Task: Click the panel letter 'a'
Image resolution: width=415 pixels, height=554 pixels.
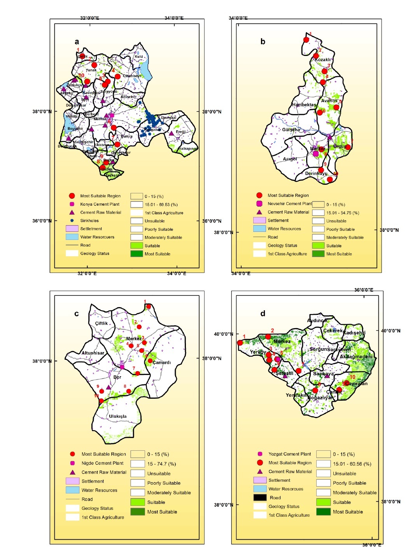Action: coord(77,42)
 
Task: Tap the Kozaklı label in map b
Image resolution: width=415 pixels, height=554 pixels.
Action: coord(323,60)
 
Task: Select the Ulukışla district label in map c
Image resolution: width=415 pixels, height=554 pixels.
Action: coord(117,416)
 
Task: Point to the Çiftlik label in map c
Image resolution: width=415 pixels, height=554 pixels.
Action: coord(102,323)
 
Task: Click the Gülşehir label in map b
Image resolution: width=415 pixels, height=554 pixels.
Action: coord(291,130)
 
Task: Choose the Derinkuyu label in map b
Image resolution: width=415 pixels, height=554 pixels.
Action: coord(316,174)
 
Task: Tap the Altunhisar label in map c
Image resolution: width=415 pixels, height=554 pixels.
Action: coord(93,353)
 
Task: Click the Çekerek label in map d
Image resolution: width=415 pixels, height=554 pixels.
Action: coord(333,331)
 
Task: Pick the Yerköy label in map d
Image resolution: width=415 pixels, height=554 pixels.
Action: coord(258,352)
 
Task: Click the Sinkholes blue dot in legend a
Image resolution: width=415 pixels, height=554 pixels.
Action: coord(72,221)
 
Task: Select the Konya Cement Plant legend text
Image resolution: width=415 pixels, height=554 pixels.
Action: coord(100,204)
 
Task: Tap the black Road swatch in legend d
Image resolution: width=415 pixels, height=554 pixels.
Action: coord(260,497)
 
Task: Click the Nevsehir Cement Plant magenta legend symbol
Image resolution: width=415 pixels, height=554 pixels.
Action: coord(259,203)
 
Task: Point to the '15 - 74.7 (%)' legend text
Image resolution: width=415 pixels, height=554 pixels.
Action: coord(161,464)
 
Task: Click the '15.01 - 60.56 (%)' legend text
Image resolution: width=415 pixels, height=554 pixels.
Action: coord(352,464)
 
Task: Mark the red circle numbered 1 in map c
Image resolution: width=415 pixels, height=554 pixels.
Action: coord(149,307)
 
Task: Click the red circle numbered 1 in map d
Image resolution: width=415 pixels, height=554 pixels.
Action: coord(240,343)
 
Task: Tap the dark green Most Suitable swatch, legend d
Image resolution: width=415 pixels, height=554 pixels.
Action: coord(323,512)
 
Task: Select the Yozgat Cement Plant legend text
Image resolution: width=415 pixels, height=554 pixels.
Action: coord(290,454)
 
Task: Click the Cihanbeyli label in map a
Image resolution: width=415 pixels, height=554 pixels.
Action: coord(132,76)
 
